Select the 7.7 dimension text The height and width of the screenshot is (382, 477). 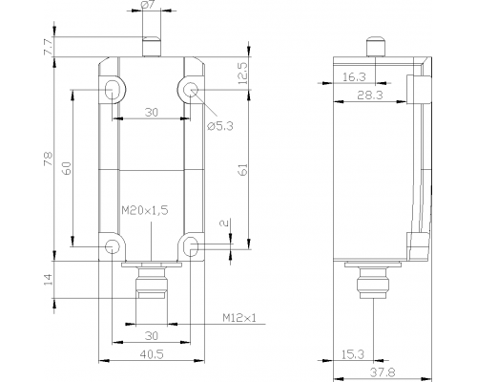[x=49, y=47]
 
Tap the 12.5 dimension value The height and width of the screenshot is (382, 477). [x=242, y=74]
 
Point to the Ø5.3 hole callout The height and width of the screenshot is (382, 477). [x=220, y=126]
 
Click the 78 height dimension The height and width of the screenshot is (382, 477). [x=49, y=159]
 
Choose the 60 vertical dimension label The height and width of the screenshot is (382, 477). [x=67, y=168]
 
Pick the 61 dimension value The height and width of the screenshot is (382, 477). [x=242, y=170]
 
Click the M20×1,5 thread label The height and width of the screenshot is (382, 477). [x=145, y=210]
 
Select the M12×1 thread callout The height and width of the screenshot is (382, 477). [x=239, y=318]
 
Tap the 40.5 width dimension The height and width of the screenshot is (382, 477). [x=152, y=354]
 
